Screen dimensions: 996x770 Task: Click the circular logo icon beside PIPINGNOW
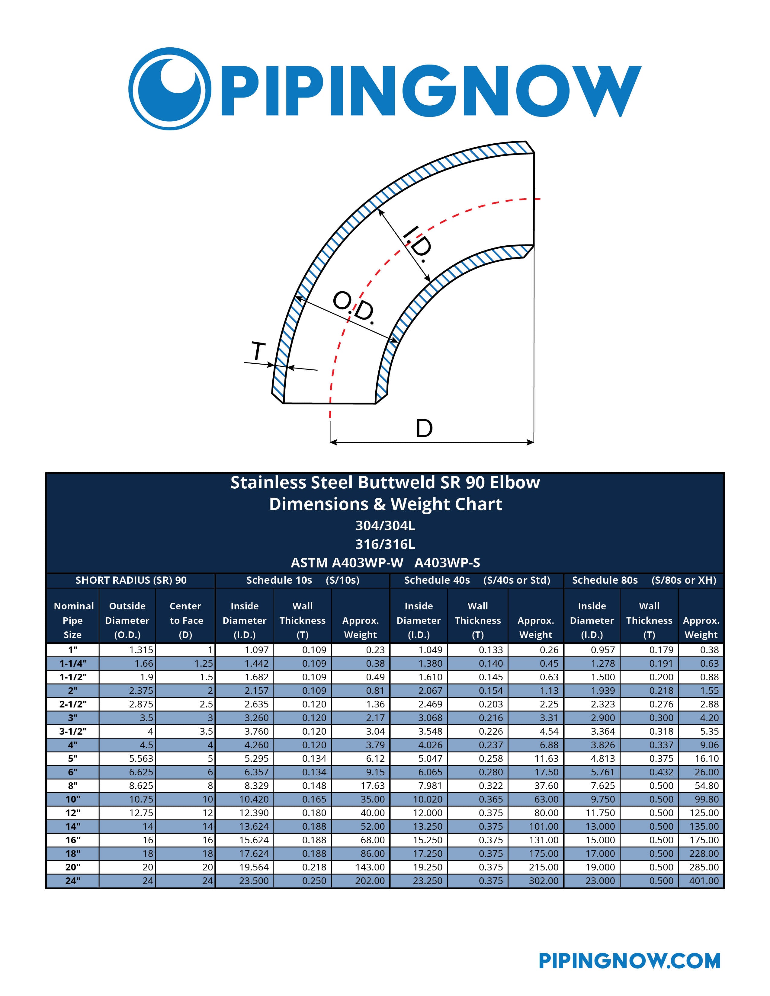click(170, 88)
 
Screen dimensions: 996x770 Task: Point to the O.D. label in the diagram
click(354, 308)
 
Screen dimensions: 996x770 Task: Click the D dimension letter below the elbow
click(424, 428)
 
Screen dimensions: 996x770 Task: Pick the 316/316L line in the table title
click(385, 544)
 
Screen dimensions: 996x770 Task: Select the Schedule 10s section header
click(303, 580)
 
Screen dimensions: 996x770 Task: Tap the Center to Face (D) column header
click(186, 620)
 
